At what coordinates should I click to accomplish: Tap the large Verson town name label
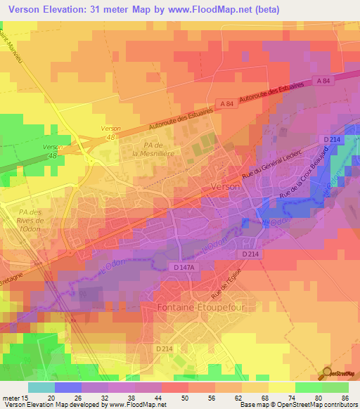pos(225,188)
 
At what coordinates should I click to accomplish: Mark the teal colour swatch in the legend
pos(41,387)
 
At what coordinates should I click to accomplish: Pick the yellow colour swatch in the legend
pos(282,387)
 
